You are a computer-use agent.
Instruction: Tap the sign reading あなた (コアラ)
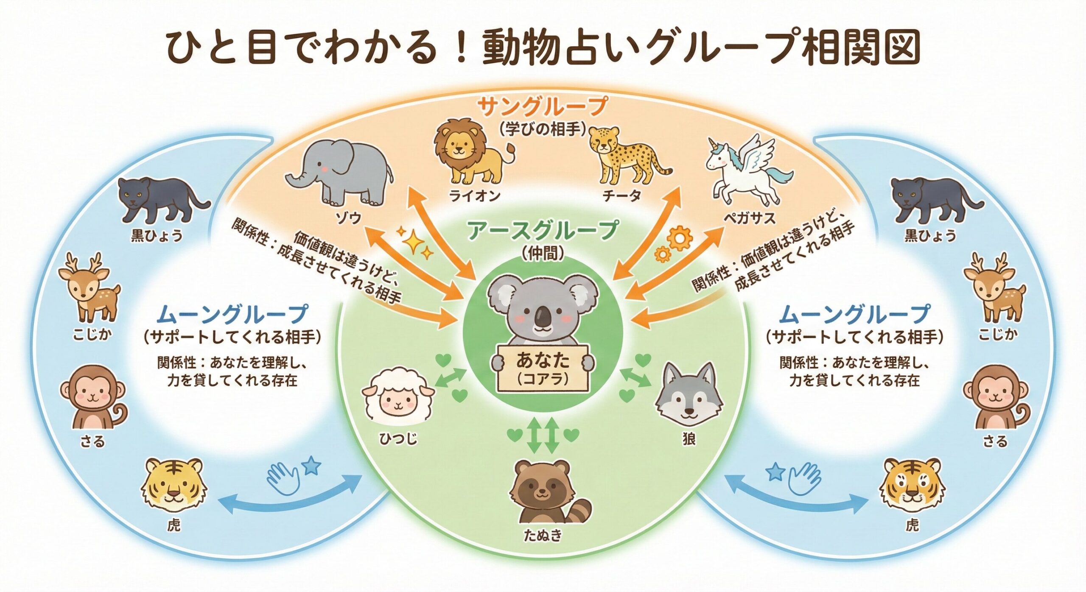click(543, 367)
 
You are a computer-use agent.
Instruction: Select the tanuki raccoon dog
click(545, 496)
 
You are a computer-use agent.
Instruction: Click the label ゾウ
click(349, 218)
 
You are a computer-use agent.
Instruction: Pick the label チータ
click(622, 196)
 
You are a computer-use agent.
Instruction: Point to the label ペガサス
click(749, 218)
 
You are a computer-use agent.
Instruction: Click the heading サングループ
click(543, 106)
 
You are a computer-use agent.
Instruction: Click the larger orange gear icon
click(680, 238)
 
